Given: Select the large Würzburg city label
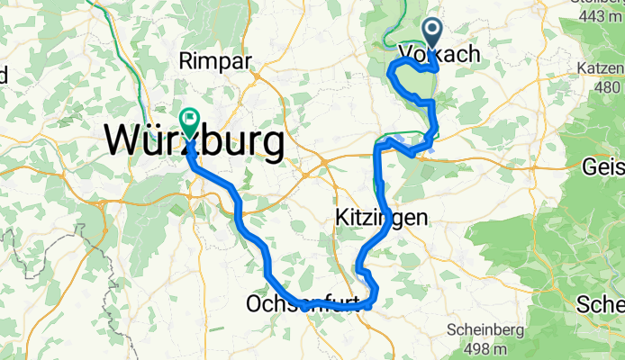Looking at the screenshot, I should click(x=194, y=141).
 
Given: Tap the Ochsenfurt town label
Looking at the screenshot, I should click(x=306, y=306).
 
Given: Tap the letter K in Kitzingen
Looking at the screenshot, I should click(x=342, y=218).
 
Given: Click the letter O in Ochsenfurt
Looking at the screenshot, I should click(x=254, y=306).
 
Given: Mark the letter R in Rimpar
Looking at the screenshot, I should click(x=186, y=61).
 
